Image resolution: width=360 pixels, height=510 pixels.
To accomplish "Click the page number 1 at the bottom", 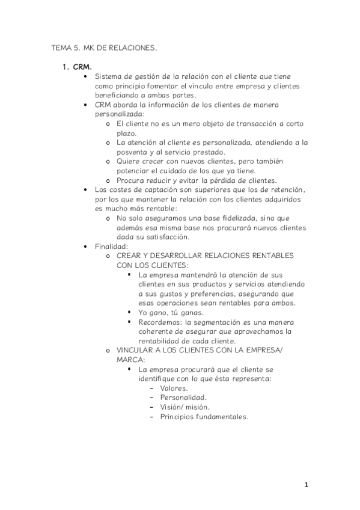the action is click(x=306, y=485).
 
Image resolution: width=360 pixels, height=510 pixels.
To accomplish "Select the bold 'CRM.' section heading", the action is click(x=82, y=67).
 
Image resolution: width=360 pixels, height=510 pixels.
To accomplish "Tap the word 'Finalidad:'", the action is click(x=112, y=247).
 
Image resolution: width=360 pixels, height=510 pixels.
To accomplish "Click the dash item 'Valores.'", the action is click(x=174, y=389).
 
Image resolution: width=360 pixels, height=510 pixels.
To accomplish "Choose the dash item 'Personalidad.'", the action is click(x=183, y=398).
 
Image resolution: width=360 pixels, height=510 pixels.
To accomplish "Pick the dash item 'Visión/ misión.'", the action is click(x=185, y=407).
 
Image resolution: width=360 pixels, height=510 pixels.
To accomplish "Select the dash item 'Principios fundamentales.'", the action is click(x=204, y=416).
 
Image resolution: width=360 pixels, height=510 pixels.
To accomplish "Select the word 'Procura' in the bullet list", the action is click(x=130, y=180).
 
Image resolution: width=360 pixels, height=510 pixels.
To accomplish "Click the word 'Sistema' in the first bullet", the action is click(x=109, y=76).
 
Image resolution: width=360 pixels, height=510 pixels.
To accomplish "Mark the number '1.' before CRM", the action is click(x=67, y=67).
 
